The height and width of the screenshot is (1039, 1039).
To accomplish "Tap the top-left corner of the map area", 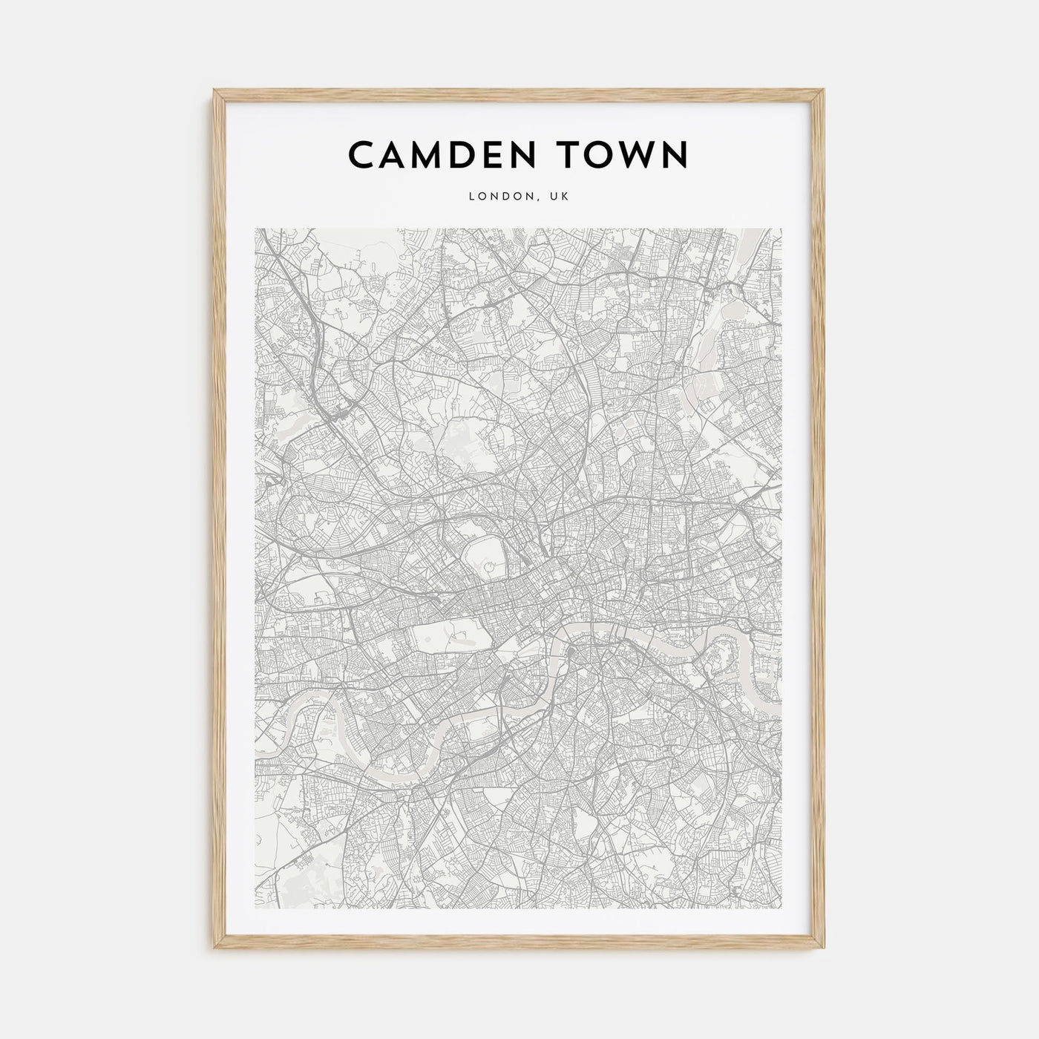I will (x=255, y=229).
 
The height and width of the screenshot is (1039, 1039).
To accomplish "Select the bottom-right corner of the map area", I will (x=781, y=908).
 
